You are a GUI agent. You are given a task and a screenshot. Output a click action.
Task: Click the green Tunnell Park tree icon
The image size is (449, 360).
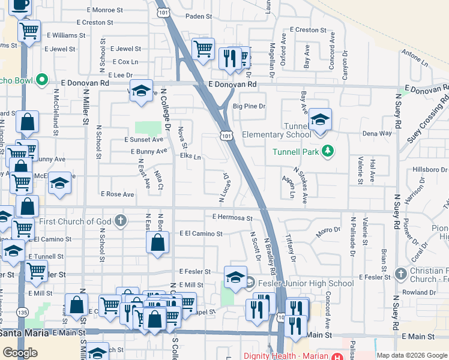(327, 151)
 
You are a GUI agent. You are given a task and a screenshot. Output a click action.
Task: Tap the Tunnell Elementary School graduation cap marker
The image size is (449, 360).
(321, 120)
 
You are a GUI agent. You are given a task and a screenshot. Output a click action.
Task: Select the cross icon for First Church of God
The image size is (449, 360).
(121, 221)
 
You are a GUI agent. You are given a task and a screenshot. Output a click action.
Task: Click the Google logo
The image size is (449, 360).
(20, 353)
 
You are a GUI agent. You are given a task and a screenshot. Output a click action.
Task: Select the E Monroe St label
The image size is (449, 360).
(104, 10)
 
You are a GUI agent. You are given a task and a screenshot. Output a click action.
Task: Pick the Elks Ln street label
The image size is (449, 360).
(190, 157)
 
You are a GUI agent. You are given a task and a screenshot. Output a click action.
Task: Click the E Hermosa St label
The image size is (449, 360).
(232, 217)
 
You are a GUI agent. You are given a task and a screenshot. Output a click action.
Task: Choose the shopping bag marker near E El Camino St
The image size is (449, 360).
(157, 243)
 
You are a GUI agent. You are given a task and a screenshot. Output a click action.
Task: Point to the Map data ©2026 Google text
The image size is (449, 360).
(411, 355)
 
